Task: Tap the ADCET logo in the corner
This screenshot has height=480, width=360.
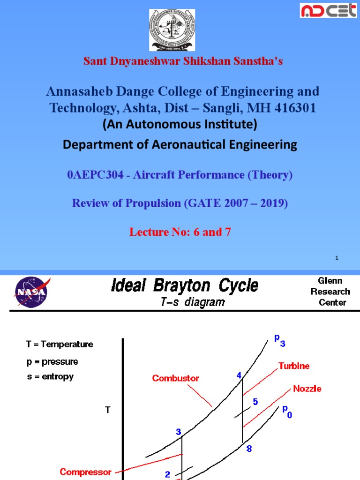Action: (328, 11)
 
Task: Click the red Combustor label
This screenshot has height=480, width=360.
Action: (176, 378)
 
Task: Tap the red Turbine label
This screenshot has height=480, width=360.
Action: (294, 366)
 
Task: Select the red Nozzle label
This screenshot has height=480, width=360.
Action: (307, 389)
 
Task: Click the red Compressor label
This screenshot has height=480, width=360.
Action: (86, 472)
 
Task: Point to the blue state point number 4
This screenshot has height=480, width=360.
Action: (239, 375)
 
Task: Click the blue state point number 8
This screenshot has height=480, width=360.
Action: (249, 449)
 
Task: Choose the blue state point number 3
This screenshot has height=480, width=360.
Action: (179, 432)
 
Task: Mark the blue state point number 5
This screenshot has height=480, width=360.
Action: (255, 402)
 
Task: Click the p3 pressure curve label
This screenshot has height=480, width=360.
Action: (279, 340)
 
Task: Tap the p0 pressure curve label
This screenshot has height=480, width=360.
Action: (286, 412)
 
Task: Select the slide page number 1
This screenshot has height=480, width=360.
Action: (337, 258)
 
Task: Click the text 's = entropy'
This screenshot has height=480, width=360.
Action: (50, 376)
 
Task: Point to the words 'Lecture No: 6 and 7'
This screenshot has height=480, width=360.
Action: (180, 232)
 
